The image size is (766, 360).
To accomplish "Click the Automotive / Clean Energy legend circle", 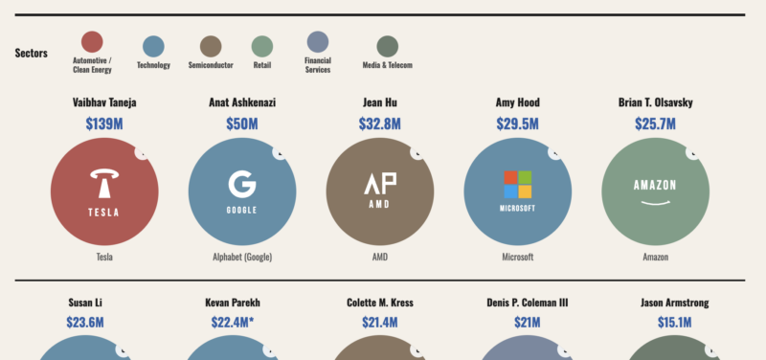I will tap(92, 42).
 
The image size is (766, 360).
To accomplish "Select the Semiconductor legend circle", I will tap(211, 46).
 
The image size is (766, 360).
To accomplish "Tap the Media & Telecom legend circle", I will tap(387, 46).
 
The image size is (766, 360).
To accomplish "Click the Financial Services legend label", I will tap(318, 65).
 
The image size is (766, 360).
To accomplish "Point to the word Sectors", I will tap(32, 53).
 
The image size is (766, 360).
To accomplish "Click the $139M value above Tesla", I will tap(104, 124).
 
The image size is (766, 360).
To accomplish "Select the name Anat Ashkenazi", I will tap(242, 102).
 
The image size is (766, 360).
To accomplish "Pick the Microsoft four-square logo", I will tap(517, 184).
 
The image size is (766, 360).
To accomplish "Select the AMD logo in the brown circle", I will tap(379, 184).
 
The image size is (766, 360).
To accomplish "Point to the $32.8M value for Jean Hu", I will tap(379, 124).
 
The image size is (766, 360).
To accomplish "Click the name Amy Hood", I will tap(517, 102).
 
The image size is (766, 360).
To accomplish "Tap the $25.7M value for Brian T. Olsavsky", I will tap(655, 124).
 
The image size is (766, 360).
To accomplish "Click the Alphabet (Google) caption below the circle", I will tap(241, 258).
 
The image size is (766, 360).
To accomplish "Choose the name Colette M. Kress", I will tap(379, 303).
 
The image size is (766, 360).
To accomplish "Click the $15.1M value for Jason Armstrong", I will tap(655, 324).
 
